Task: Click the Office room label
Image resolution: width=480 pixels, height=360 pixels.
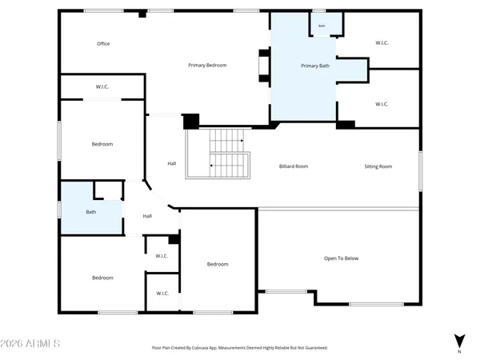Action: tap(103, 44)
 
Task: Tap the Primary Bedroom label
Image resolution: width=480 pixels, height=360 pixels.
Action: tap(207, 65)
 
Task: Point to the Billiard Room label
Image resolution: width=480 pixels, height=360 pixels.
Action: tap(294, 166)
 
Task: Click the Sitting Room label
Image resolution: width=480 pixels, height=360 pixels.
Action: tap(378, 166)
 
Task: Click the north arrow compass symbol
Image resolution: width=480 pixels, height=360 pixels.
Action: tap(459, 342)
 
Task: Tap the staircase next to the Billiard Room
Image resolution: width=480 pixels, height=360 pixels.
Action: tap(229, 154)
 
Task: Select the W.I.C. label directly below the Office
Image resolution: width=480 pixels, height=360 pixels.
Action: tap(102, 86)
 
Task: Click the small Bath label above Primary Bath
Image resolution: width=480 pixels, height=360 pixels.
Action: tap(322, 26)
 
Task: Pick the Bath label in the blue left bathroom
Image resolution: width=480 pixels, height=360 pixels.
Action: tap(91, 212)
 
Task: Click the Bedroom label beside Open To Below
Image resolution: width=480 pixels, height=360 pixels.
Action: tap(218, 264)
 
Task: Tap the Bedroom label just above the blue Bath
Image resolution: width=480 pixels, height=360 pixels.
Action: tap(102, 144)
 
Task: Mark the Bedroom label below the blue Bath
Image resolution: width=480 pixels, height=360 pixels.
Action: tap(102, 278)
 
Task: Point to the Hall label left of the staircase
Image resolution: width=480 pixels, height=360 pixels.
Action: tap(172, 164)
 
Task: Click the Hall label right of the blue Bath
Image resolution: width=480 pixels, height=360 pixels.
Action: tap(147, 216)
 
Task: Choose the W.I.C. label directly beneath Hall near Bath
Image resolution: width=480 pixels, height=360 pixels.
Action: tap(162, 256)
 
